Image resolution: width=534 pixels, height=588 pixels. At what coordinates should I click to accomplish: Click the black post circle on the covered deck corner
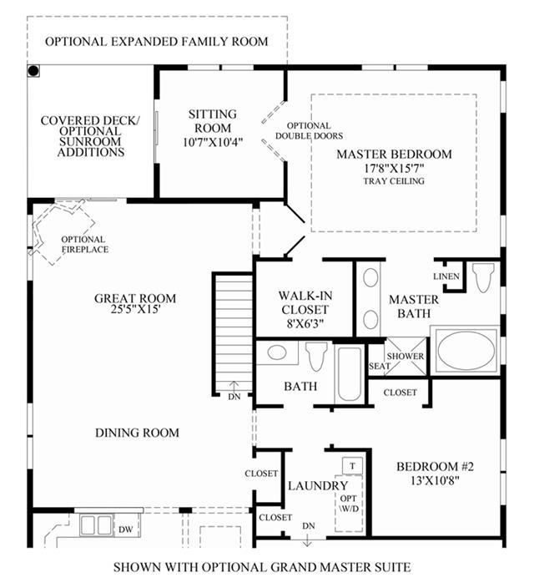(33, 71)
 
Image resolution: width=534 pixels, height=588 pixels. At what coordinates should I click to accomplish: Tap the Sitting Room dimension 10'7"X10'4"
(213, 143)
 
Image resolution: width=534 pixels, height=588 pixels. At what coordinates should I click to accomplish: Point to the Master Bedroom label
(394, 155)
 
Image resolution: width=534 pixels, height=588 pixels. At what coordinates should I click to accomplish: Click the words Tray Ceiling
(394, 180)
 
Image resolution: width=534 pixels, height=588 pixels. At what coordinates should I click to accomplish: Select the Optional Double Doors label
(310, 131)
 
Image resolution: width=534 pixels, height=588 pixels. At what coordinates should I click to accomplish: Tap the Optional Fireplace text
(85, 245)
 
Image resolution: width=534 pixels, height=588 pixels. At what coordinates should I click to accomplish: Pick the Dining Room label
(137, 433)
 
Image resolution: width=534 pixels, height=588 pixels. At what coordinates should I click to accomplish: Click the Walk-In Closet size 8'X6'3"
(305, 323)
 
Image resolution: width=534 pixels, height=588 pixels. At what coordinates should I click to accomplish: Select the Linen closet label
(446, 276)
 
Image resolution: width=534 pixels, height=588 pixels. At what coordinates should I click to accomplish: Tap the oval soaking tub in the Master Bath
(466, 352)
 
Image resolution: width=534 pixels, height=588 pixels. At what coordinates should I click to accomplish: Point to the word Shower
(406, 356)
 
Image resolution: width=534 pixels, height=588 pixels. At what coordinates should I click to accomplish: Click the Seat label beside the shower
(380, 366)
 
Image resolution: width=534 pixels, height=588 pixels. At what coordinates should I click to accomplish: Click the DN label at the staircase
(234, 397)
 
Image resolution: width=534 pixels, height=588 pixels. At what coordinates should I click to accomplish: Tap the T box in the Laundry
(352, 466)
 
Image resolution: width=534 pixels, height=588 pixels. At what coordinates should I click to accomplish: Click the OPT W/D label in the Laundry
(349, 504)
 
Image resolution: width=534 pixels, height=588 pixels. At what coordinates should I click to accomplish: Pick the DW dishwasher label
(126, 530)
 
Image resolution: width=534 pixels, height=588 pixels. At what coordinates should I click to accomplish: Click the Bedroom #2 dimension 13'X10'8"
(435, 480)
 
